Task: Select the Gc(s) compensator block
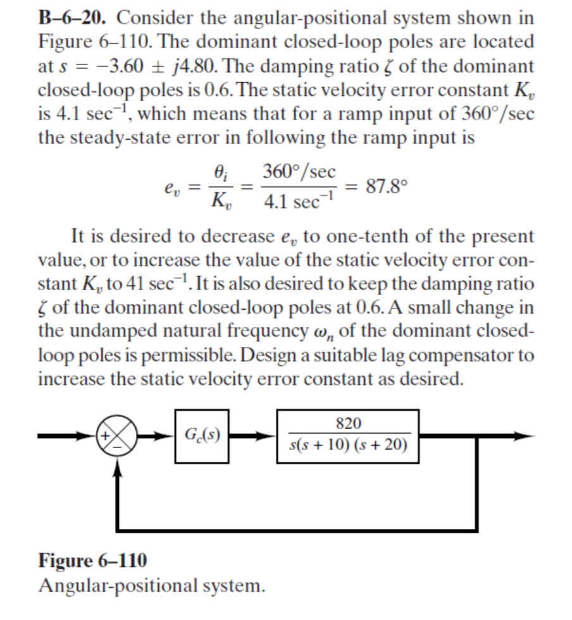pyautogui.click(x=201, y=435)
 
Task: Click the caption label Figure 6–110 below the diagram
pyautogui.click(x=93, y=560)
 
